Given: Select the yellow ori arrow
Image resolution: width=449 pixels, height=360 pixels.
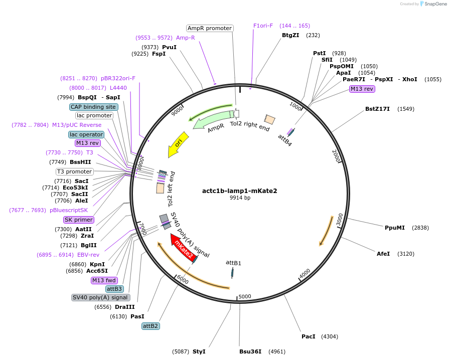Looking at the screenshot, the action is coord(178,144).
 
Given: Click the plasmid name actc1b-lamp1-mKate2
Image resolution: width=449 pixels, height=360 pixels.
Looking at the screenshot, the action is coord(240,191).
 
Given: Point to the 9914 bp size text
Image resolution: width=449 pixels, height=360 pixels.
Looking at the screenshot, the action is coord(240,198).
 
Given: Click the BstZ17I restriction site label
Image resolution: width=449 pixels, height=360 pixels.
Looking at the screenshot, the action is coord(377,109).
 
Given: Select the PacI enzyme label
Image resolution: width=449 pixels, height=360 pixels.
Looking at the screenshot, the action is coord(309,336).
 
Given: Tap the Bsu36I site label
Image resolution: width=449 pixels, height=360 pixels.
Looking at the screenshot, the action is coord(250,351).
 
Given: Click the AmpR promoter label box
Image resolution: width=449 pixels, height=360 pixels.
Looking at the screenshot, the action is coord(210,28).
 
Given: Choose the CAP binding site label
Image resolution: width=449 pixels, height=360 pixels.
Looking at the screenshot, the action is coord(93,107).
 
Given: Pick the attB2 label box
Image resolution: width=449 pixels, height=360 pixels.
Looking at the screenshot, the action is coord(151,326).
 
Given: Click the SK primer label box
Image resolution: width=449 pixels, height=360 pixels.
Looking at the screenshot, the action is coord(79,220).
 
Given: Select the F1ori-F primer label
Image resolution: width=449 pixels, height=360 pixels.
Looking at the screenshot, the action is coord(263,26).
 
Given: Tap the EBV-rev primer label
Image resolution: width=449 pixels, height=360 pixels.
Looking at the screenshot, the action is coord(88,255).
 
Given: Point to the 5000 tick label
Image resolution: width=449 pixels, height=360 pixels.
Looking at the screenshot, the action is coord(245,296).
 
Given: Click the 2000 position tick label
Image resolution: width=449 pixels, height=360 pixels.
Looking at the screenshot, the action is coord(336,155).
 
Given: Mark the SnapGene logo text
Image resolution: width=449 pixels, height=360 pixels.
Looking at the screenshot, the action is coord(435,4).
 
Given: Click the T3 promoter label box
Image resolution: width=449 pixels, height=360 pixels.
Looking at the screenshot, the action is coord(74,171).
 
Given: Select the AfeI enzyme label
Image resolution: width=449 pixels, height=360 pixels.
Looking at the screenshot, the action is coord(383,254).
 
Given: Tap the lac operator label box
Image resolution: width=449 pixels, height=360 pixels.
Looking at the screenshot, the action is coord(86,134).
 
